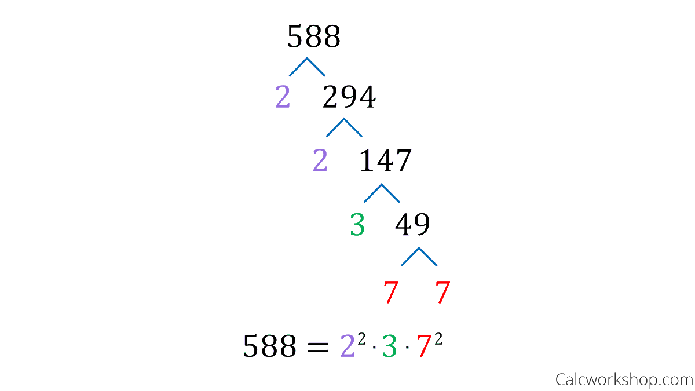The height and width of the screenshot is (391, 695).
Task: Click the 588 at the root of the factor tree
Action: click(x=313, y=38)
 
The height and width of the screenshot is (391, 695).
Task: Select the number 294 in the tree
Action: click(x=349, y=98)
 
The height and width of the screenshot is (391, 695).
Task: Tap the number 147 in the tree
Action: click(x=385, y=161)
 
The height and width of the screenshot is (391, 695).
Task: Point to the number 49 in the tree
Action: click(x=412, y=225)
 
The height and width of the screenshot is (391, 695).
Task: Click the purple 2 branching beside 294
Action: click(x=283, y=98)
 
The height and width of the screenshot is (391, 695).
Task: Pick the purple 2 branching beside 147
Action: click(x=320, y=161)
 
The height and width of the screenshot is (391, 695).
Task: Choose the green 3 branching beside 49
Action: click(x=357, y=225)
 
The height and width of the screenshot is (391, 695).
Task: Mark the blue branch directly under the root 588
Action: click(x=307, y=66)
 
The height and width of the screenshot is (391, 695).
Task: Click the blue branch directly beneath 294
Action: click(x=344, y=127)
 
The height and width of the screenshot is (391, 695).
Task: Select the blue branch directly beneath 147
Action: click(x=382, y=192)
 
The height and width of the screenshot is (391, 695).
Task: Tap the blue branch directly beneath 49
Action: click(x=419, y=256)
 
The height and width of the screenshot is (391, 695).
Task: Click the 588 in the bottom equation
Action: click(x=269, y=347)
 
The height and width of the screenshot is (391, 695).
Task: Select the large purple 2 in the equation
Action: click(x=347, y=347)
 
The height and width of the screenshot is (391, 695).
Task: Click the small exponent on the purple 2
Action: click(x=361, y=340)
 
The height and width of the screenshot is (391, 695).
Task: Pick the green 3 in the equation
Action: click(x=389, y=347)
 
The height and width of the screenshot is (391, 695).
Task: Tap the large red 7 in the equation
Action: click(x=425, y=347)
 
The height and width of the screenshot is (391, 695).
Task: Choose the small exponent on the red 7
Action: click(x=438, y=340)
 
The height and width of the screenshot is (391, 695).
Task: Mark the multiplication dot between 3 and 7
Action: click(x=407, y=350)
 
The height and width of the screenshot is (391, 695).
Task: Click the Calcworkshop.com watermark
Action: click(x=624, y=380)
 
